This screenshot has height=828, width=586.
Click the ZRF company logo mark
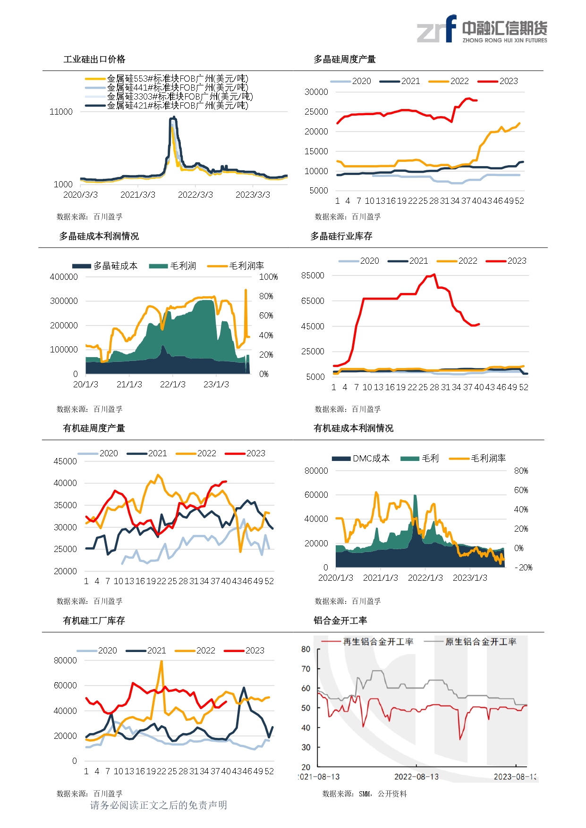click(x=437, y=29)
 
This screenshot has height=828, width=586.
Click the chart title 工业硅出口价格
click(x=94, y=59)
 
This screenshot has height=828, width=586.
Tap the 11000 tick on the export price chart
click(x=61, y=112)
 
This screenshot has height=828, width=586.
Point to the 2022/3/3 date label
click(x=195, y=195)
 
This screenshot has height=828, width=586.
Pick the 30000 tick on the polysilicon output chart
click(x=316, y=92)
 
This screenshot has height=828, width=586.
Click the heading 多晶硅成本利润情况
click(x=99, y=236)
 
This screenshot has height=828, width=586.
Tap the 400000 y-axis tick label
click(x=64, y=277)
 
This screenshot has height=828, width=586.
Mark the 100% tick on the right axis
click(x=268, y=277)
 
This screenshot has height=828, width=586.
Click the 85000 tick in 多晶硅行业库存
click(x=313, y=276)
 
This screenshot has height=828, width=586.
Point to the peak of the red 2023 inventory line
click(x=434, y=274)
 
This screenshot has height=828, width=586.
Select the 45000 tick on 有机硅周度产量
click(x=65, y=461)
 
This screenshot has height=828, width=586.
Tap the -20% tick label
click(x=523, y=568)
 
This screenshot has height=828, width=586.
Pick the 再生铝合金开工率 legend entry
click(x=378, y=642)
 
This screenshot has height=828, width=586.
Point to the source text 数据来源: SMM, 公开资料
click(x=364, y=794)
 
